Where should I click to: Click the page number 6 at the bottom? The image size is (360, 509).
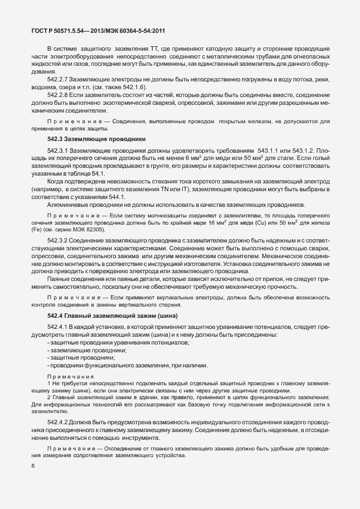coord(33,466)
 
